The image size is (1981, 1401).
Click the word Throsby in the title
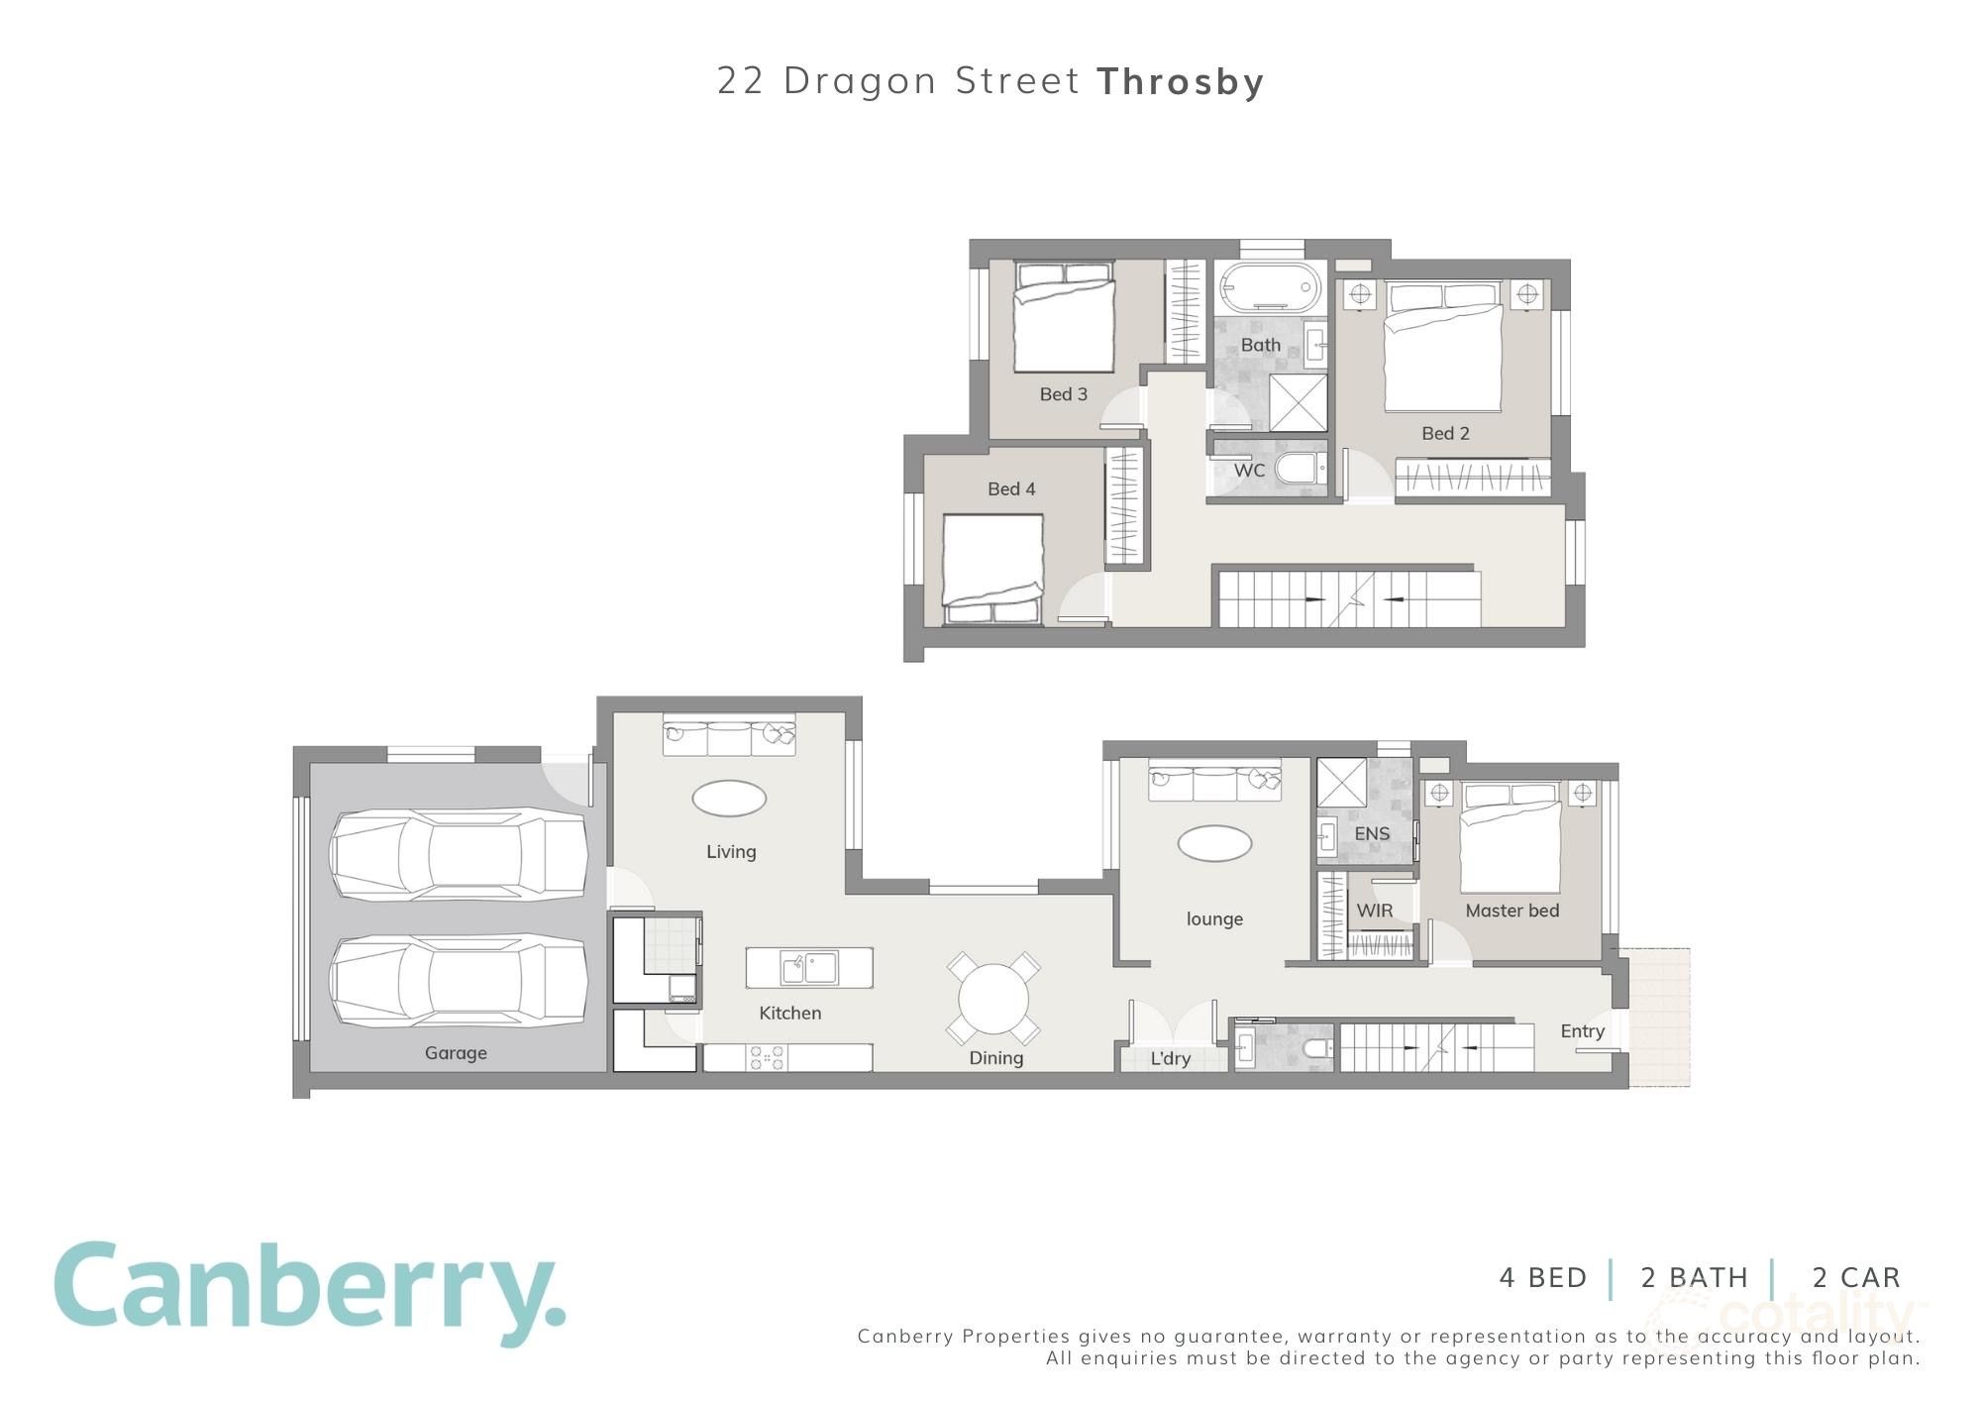1181,81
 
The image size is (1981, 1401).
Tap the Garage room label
456,1052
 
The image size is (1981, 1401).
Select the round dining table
993,998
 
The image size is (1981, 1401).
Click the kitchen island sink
809,968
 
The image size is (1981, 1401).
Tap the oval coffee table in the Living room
729,798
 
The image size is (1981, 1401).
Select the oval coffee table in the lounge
1214,844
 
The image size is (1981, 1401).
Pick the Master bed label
1512,911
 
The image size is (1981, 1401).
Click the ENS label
1372,834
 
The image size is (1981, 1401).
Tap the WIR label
1374,911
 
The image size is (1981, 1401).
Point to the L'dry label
1170,1058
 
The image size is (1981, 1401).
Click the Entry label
1582,1030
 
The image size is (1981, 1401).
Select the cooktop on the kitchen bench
768,1058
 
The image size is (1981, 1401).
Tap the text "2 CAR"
1856,1278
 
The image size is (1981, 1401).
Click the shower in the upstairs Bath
1299,402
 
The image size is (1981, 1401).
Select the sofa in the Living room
729,734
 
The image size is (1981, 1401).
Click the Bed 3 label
1063,394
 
